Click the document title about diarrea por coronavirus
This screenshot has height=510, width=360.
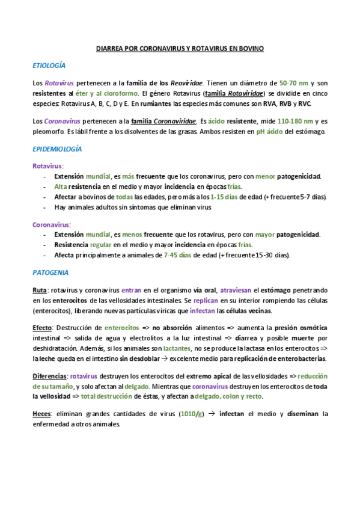coord(180,47)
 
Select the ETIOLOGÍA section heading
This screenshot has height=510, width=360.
coord(49,65)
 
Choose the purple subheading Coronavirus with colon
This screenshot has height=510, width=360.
coord(52,224)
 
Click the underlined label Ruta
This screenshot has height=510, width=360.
coord(40,290)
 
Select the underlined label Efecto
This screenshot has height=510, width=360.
coord(43,328)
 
